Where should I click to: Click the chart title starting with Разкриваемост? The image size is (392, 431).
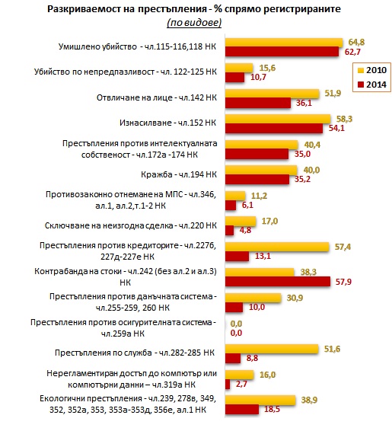click(x=194, y=9)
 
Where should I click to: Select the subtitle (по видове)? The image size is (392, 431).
click(x=194, y=22)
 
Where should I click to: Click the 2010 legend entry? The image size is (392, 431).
click(x=372, y=70)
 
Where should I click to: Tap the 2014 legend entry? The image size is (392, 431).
click(x=372, y=84)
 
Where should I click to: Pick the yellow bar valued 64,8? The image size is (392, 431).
click(x=284, y=43)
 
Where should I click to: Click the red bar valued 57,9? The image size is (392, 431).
click(x=278, y=282)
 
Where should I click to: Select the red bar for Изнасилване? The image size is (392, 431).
click(x=274, y=129)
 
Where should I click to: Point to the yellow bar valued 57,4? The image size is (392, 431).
click(x=277, y=247)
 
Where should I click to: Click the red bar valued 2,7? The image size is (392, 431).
click(x=228, y=384)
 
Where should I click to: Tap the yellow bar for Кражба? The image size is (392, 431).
click(x=261, y=170)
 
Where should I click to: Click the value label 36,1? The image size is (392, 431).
click(x=304, y=103)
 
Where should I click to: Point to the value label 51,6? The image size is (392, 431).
click(x=332, y=349)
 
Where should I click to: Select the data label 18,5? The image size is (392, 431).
click(x=272, y=409)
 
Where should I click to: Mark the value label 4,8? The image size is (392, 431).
click(x=245, y=230)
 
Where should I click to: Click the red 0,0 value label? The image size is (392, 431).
click(x=236, y=333)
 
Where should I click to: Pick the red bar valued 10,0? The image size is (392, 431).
click(x=234, y=307)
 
